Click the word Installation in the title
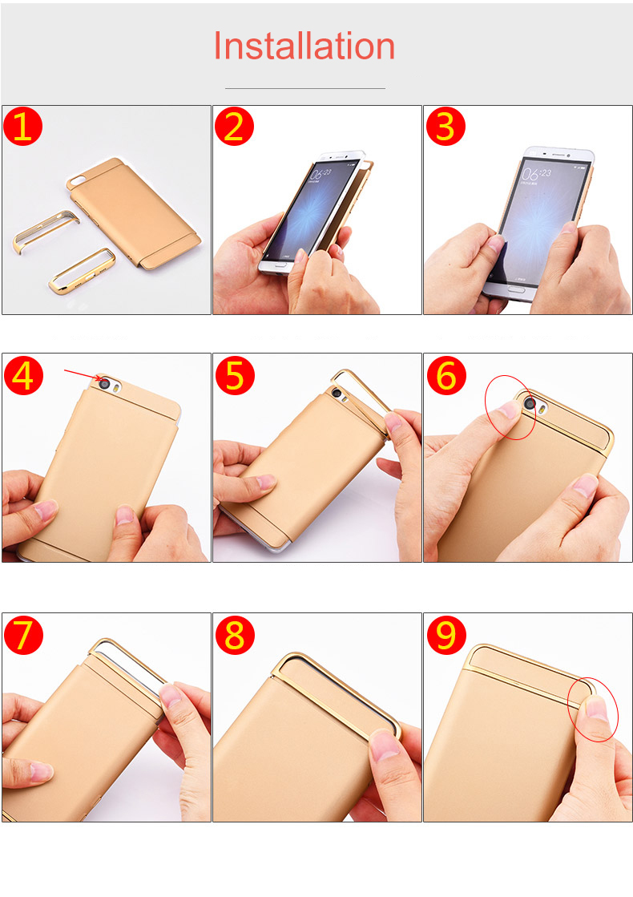304,46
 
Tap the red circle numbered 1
23,127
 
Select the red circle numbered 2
234,127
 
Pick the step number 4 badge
23,375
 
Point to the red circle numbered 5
234,375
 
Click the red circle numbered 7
23,635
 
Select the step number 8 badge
234,635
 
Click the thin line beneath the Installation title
304,88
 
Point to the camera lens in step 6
530,403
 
